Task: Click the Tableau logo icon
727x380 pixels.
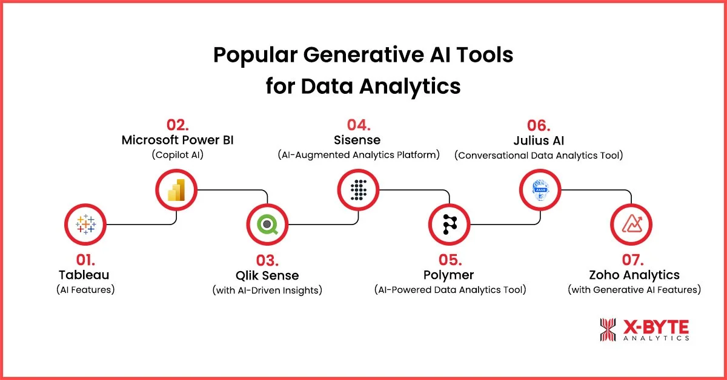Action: coord(85,225)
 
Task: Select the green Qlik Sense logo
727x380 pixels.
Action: coord(267,225)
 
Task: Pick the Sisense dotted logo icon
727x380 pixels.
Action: coord(359,190)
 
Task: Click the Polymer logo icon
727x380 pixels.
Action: coord(450,225)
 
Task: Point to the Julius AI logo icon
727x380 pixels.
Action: coord(540,190)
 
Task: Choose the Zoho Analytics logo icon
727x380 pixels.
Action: coord(631,225)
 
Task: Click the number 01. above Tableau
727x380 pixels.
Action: coord(85,260)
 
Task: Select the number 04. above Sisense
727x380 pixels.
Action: coord(359,125)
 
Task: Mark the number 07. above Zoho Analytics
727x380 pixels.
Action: coord(634,260)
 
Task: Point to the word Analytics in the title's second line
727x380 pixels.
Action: coord(407,86)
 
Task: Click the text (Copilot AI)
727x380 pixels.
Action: coord(178,155)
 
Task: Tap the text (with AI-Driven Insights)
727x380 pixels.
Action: coord(267,290)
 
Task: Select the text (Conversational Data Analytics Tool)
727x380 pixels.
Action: coord(539,155)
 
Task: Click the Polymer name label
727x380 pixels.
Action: coord(450,276)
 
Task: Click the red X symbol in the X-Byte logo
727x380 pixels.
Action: coord(608,330)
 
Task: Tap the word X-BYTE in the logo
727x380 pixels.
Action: coord(656,327)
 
